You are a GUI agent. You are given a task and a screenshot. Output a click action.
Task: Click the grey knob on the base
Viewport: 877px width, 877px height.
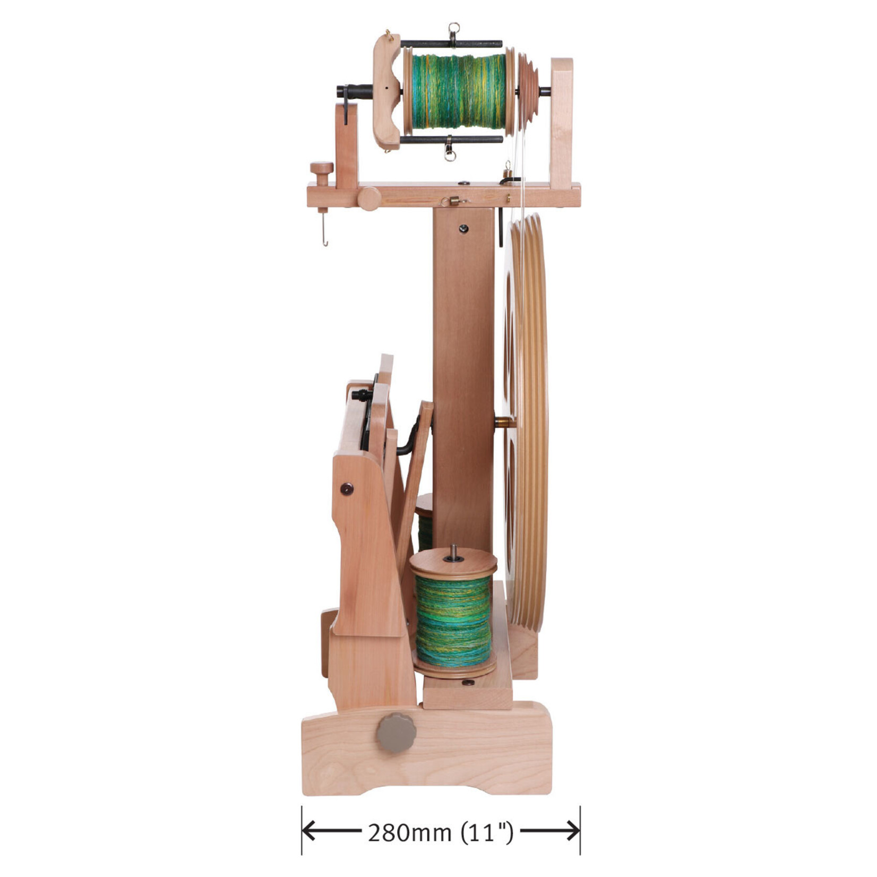pos(396,733)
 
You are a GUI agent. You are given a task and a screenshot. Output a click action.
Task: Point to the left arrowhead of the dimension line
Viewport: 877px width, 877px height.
pos(308,831)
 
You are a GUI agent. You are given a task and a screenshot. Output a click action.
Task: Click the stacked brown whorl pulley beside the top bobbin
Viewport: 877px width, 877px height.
pos(527,91)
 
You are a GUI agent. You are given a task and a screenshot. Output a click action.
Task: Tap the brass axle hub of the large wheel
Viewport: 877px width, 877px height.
pos(504,423)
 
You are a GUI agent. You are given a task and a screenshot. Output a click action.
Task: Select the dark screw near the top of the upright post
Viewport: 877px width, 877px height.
pos(463,228)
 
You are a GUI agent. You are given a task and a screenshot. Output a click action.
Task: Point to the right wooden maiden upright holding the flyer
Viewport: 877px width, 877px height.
pos(561,122)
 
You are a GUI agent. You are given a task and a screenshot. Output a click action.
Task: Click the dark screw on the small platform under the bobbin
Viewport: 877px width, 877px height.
pos(469,682)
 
